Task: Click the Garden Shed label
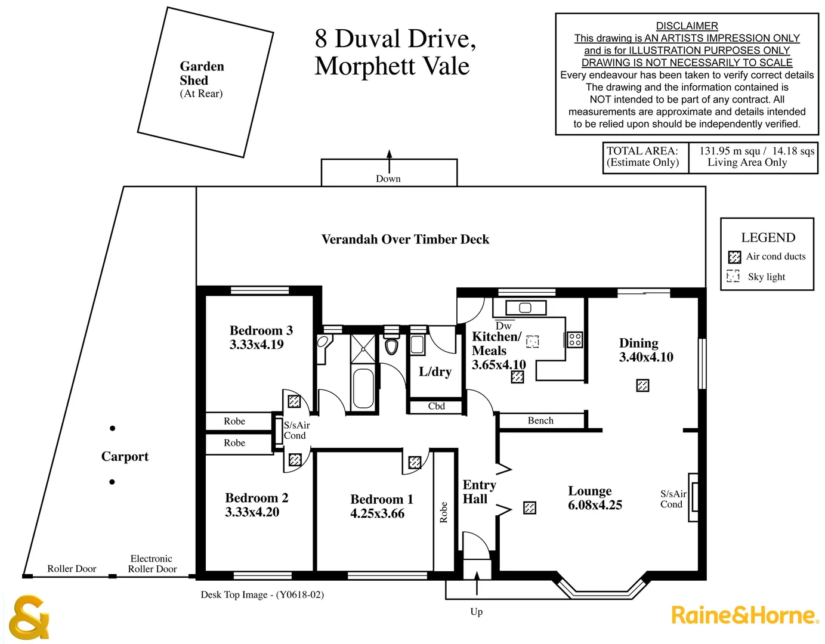202,73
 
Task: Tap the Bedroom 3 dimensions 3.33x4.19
257,345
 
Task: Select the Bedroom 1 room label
381,499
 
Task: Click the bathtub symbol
363,388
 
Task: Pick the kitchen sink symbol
525,308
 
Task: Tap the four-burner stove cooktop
575,340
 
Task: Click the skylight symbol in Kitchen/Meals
533,341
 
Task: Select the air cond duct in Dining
642,385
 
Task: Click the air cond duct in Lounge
530,507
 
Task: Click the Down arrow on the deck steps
389,160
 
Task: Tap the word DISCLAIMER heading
687,26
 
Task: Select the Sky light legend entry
766,277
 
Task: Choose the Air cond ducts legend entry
775,256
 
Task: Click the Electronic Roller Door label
152,563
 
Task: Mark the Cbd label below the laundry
436,406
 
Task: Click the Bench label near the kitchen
540,420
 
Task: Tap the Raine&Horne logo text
744,615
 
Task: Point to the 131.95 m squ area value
731,151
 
